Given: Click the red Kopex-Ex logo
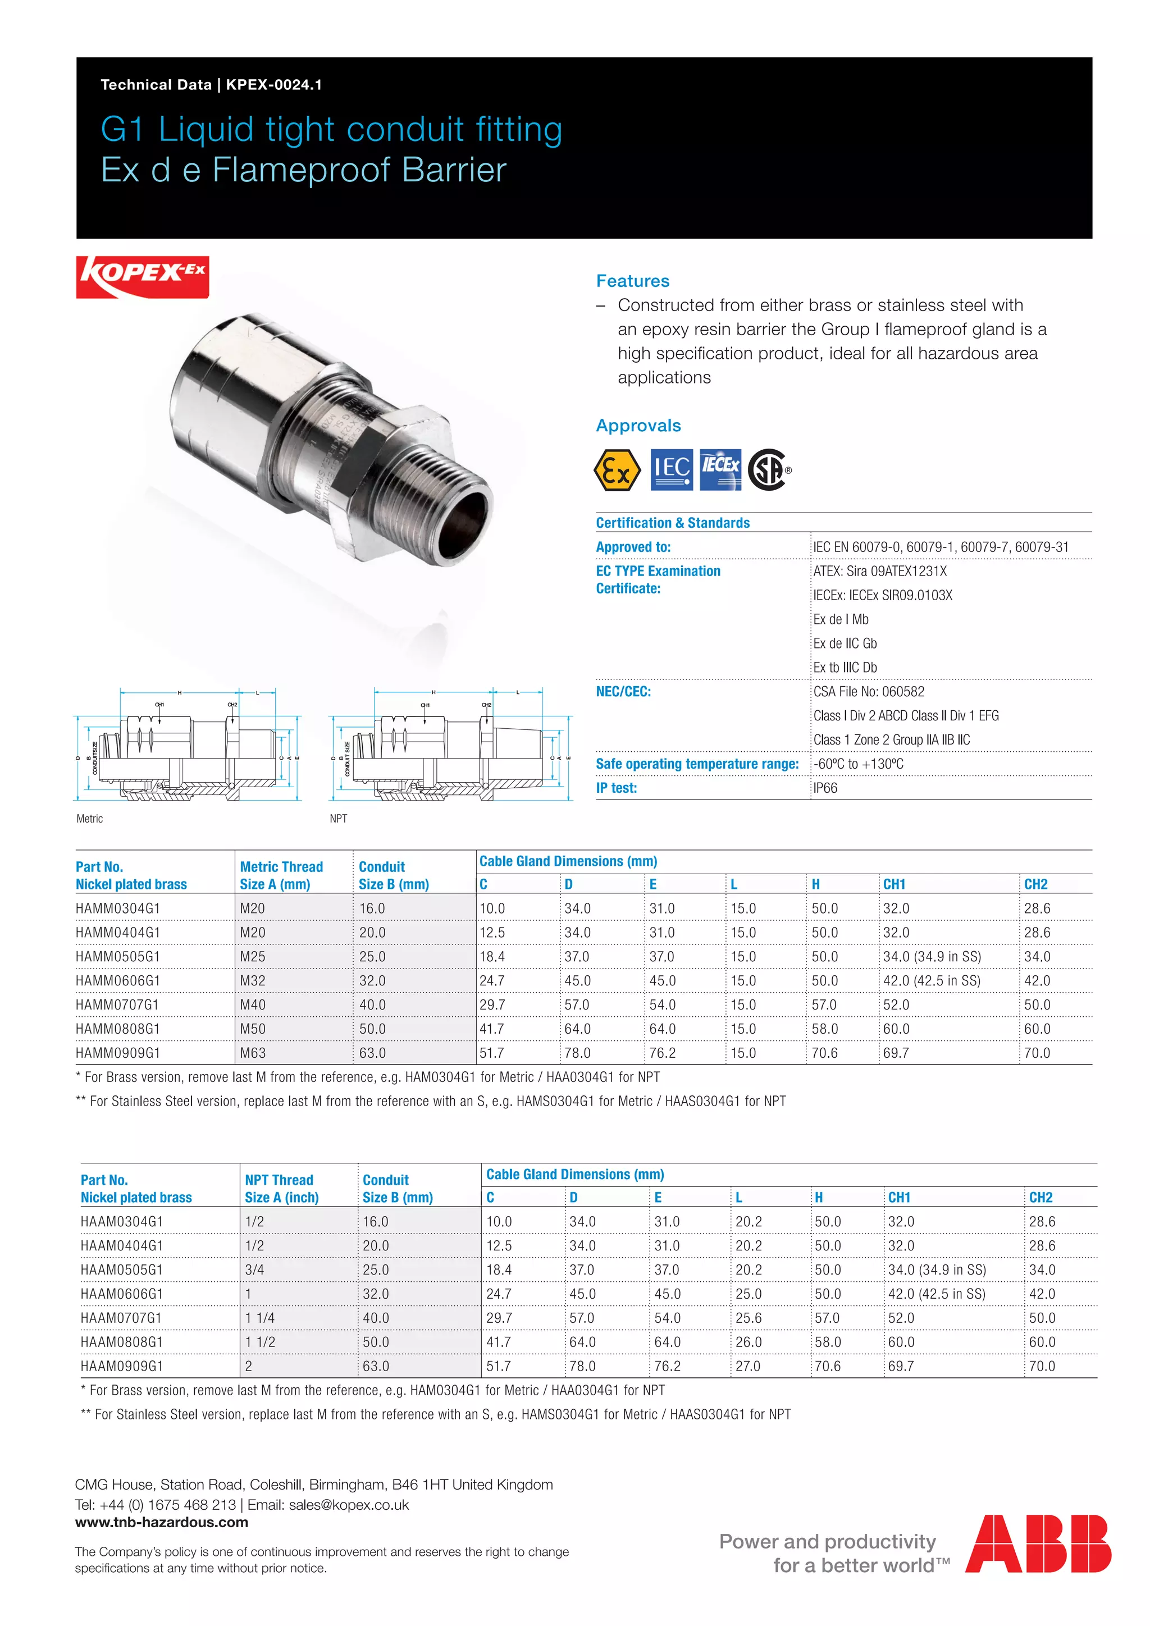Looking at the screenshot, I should click(x=142, y=276).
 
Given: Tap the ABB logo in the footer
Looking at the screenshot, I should click(x=1038, y=1544).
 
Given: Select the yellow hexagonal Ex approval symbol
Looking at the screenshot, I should click(x=617, y=469).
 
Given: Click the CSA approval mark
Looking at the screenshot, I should click(x=768, y=469).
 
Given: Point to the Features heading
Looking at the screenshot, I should click(x=632, y=281).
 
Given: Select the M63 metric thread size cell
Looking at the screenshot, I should click(x=253, y=1053).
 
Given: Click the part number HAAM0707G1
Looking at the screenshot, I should click(x=121, y=1318).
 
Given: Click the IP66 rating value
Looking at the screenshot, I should click(x=825, y=788).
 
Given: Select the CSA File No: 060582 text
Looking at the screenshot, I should click(x=869, y=692).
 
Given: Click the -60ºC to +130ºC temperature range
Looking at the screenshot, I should click(x=858, y=764).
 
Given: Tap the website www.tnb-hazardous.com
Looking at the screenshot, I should click(x=162, y=1522).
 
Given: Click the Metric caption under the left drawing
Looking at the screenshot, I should click(x=90, y=819).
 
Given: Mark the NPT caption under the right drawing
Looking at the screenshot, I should click(x=339, y=819).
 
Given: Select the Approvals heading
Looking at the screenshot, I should click(x=638, y=426).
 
